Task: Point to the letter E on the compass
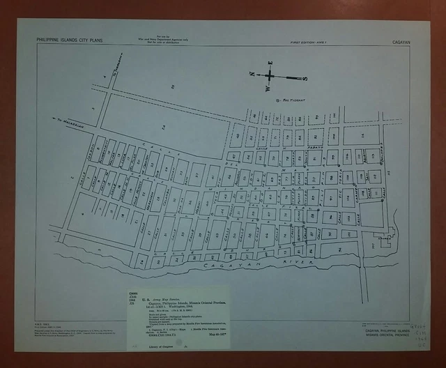[269, 64]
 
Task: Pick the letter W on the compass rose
[267, 89]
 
